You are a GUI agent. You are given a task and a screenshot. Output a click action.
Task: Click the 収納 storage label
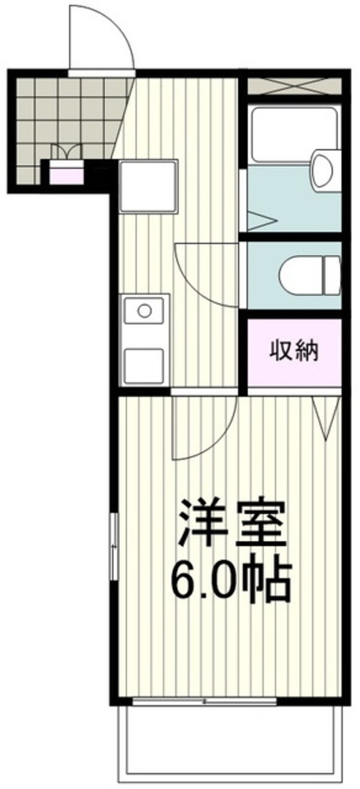point(294,350)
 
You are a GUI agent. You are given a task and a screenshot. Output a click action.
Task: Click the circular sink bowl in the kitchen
point(145,311)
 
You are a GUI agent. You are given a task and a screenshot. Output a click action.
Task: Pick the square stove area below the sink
point(144,363)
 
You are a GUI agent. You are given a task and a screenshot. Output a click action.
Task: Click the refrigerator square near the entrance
point(148,185)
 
